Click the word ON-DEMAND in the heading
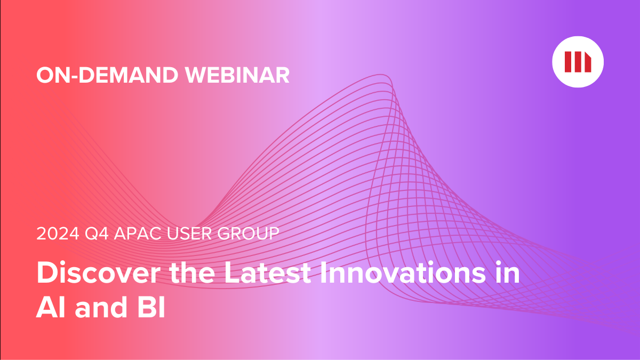pyautogui.click(x=107, y=75)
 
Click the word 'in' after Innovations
pyautogui.click(x=507, y=274)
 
